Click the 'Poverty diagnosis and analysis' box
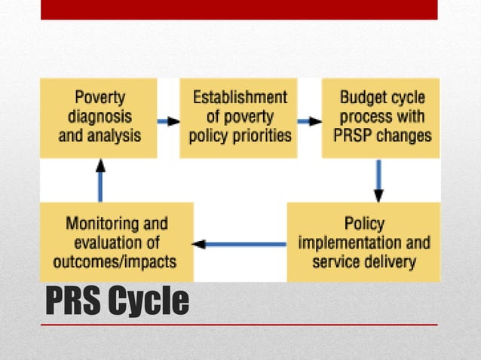(x=99, y=117)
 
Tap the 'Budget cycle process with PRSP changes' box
(x=381, y=117)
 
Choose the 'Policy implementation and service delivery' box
(x=363, y=243)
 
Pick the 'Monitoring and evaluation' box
(x=116, y=243)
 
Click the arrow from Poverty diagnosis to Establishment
(x=168, y=121)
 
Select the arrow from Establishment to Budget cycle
(x=309, y=121)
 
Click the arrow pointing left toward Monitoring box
(x=240, y=244)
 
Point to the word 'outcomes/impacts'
(x=115, y=262)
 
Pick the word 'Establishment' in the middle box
(x=240, y=97)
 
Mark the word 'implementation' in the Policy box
(x=343, y=243)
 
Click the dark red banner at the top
(x=239, y=9)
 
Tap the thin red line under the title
(x=239, y=325)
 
